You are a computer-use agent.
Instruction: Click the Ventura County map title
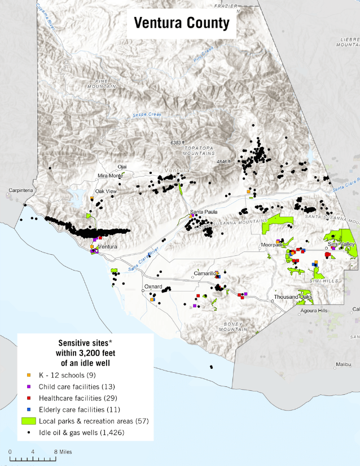coord(181,23)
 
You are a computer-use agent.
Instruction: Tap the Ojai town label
coord(122,167)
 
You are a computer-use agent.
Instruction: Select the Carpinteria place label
coord(20,191)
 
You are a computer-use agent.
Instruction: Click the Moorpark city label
coord(270,245)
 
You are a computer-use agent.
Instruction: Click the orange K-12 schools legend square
coord(29,375)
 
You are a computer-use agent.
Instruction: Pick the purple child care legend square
coord(29,387)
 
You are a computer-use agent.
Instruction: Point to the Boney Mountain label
coord(233,326)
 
